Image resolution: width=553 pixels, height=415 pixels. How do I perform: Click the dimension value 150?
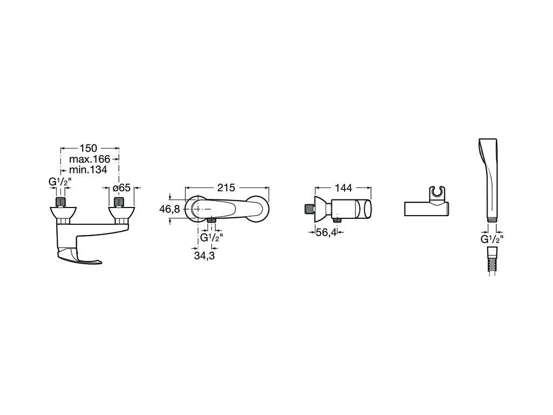(88, 149)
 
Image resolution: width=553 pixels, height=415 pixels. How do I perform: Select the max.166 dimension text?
(90, 159)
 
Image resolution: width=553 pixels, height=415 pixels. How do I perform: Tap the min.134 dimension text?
(88, 170)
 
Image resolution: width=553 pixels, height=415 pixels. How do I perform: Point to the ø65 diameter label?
(122, 188)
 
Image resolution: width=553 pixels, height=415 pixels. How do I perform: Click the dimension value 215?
(226, 188)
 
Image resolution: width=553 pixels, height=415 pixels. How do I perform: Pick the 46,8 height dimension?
(170, 209)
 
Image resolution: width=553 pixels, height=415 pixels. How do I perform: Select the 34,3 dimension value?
(204, 255)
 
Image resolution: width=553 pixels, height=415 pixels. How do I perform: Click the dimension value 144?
(343, 188)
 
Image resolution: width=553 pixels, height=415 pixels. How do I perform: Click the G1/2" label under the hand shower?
(492, 239)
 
